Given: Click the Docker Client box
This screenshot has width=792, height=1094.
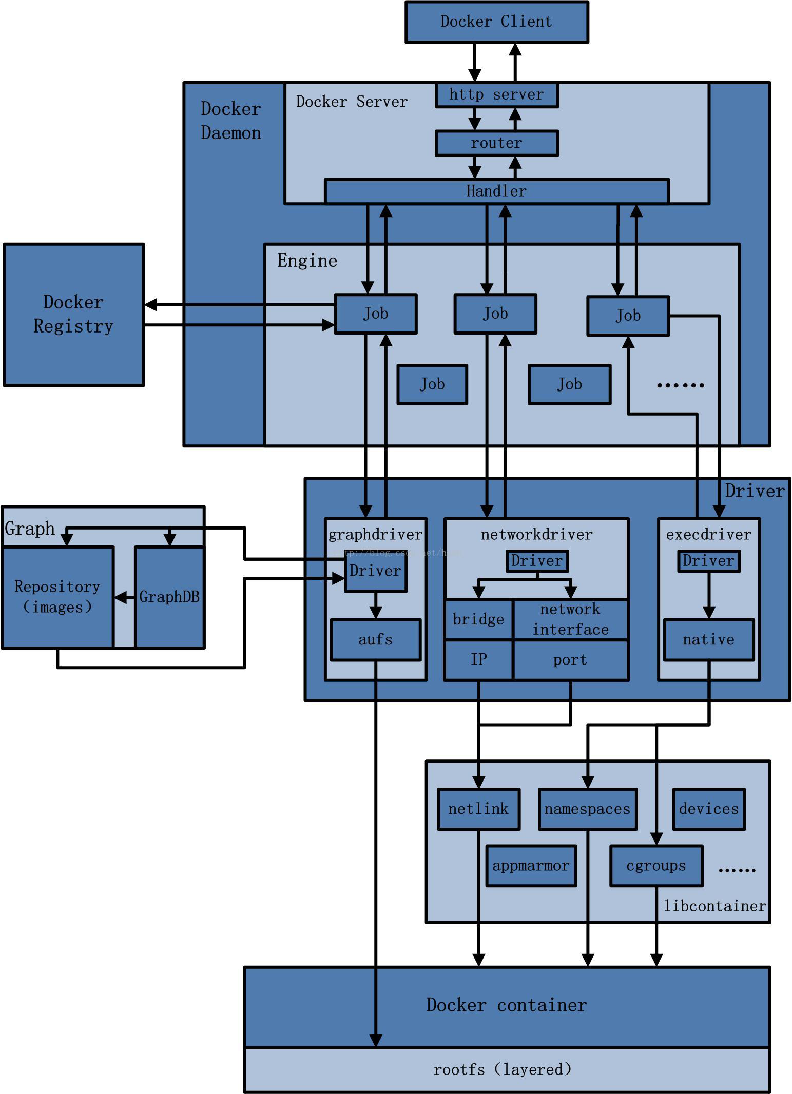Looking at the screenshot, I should [x=496, y=22].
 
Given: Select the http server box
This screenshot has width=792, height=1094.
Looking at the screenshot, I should [x=496, y=95].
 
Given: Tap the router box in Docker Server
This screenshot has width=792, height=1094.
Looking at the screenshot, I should [x=496, y=143].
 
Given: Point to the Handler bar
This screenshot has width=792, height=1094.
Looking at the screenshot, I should [x=496, y=191].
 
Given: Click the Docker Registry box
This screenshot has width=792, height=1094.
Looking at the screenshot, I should [x=73, y=314].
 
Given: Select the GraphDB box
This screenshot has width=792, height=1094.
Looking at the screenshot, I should [x=169, y=597].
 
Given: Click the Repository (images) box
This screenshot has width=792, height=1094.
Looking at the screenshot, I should [x=57, y=597].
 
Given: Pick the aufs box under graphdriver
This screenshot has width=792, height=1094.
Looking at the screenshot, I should [x=375, y=640].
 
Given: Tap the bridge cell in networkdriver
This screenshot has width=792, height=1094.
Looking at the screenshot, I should [x=478, y=619].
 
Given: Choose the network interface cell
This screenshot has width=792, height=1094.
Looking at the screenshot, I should [x=570, y=619].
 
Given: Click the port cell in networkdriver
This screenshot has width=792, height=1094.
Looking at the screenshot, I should [x=570, y=660].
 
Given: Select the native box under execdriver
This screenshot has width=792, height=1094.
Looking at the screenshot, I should [x=708, y=640].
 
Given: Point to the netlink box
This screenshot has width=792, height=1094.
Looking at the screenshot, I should [x=478, y=809].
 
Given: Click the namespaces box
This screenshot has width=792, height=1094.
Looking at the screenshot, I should [x=587, y=809].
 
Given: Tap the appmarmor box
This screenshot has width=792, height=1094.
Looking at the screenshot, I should [x=531, y=866].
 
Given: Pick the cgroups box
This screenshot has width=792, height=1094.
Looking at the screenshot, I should [x=656, y=866].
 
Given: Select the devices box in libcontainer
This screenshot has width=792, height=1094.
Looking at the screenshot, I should [x=708, y=809].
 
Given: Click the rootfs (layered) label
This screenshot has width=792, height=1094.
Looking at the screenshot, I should [x=502, y=1069].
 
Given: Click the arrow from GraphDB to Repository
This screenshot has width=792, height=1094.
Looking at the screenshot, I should [x=124, y=597].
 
